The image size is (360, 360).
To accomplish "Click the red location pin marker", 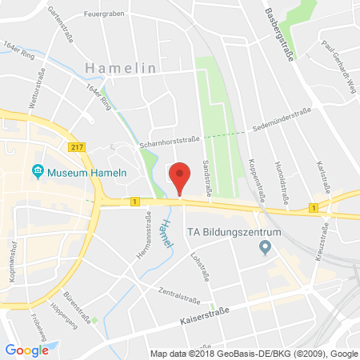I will coord(181,177).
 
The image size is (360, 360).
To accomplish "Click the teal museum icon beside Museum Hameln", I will coord(37,170).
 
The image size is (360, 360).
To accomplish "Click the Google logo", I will coord(26,350).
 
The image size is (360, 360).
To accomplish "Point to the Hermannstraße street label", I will coord(148,231).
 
